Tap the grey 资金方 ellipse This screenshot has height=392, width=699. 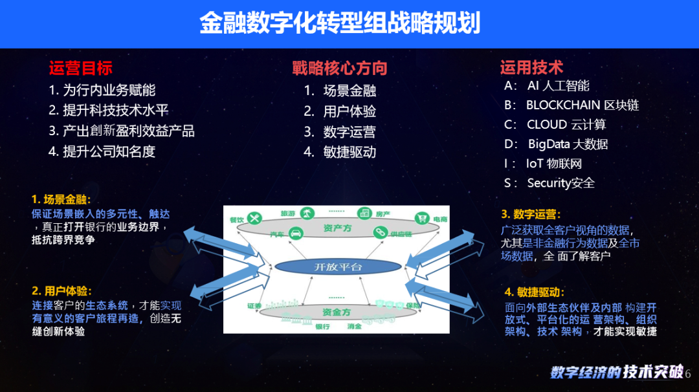[x=336, y=312]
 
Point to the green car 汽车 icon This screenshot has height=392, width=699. [x=296, y=233]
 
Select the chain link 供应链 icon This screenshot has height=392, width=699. [x=379, y=232]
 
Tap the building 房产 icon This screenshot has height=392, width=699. [x=364, y=212]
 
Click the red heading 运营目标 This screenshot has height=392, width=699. [x=80, y=67]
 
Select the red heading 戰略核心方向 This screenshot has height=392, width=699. [x=339, y=67]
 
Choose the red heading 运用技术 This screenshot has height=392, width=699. [x=531, y=67]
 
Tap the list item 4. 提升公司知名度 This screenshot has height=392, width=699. [x=102, y=151]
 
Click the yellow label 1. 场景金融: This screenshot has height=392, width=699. [x=61, y=200]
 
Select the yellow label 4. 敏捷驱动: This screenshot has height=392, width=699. [x=535, y=292]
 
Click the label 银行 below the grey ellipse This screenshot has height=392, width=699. [x=323, y=327]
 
